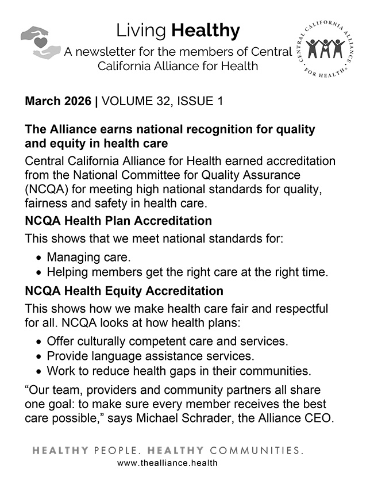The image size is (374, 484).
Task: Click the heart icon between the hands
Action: tap(41, 42)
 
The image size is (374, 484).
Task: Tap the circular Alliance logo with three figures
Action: tap(326, 51)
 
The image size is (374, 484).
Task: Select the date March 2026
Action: tap(57, 102)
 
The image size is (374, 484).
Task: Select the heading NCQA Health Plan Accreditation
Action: tap(118, 221)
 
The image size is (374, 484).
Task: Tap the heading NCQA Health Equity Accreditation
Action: tap(124, 291)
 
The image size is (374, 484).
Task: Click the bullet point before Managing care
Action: tap(38, 258)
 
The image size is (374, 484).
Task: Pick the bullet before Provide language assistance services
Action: tap(38, 356)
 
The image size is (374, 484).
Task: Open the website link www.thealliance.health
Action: tap(167, 463)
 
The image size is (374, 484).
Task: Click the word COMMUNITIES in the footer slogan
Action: tap(256, 450)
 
